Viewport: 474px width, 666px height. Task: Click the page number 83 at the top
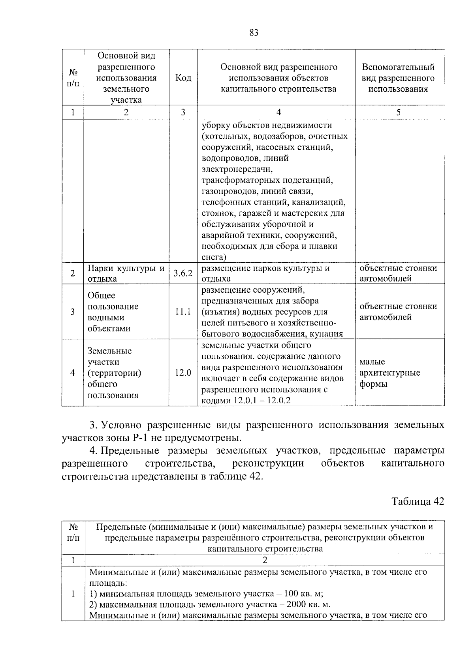point(254,33)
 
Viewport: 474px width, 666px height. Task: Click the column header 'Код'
point(183,78)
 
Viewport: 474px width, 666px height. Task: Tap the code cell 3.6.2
point(183,273)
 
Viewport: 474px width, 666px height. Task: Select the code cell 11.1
point(183,312)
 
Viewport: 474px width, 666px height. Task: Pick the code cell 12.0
point(183,373)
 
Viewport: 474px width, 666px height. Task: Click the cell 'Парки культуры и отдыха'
point(126,273)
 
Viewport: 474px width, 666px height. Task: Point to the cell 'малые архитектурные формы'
point(389,373)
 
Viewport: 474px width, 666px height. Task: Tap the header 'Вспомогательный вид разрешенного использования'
point(398,78)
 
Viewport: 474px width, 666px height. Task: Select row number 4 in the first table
point(72,373)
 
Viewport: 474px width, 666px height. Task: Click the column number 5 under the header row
point(398,112)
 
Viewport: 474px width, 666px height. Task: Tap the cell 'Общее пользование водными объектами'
point(113,312)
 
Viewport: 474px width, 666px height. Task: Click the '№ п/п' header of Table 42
point(73,532)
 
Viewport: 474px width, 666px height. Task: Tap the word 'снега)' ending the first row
point(214,257)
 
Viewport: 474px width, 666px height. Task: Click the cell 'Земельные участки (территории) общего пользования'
point(115,373)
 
